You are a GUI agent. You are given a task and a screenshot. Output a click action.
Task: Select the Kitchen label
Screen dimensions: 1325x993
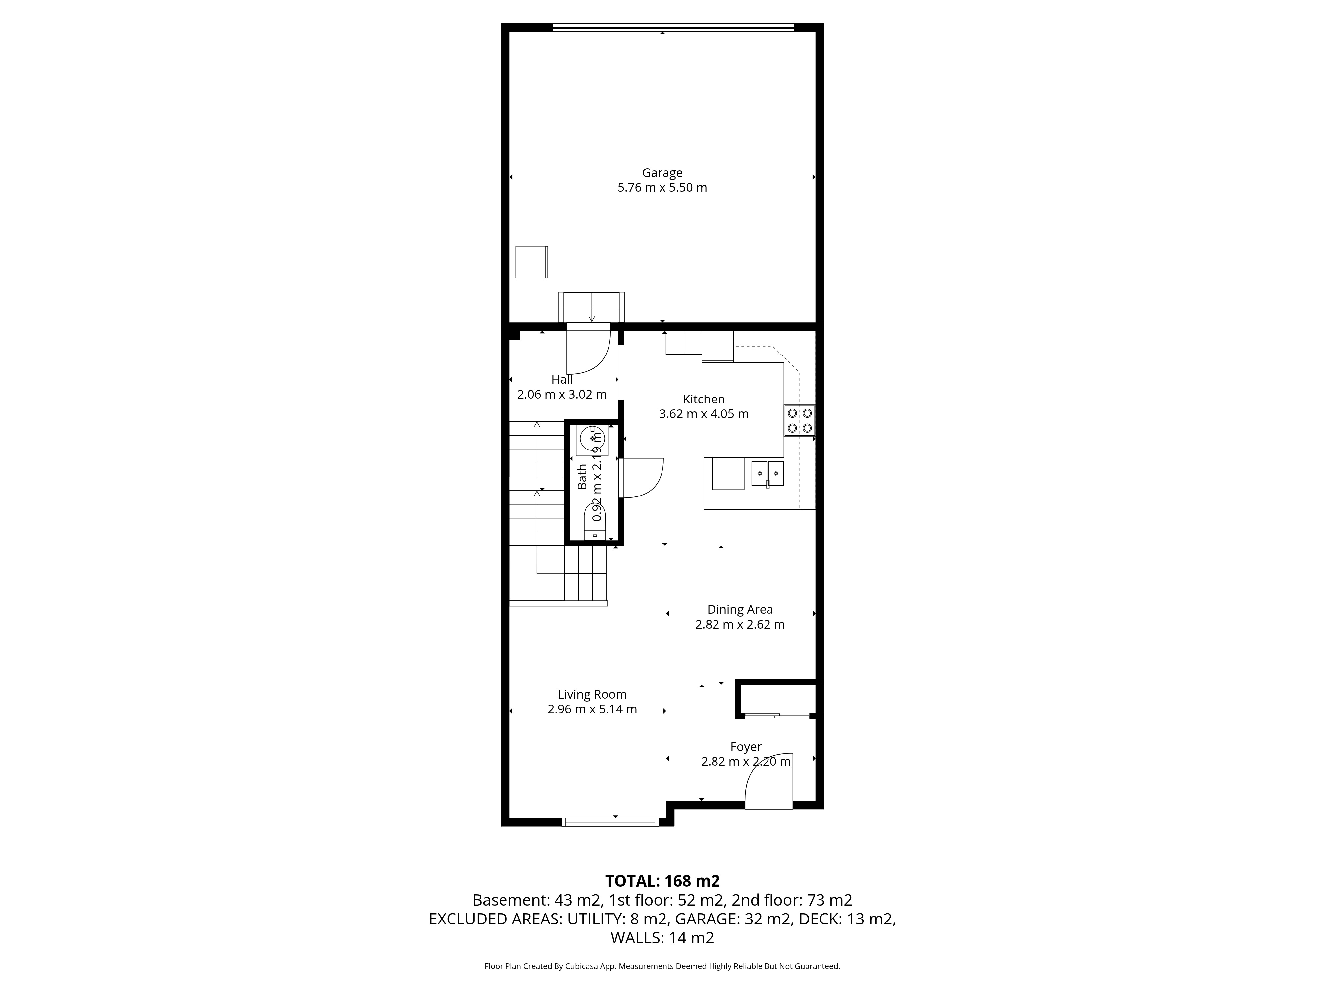[704, 399]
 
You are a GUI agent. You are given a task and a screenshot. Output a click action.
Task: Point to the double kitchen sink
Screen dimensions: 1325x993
[767, 473]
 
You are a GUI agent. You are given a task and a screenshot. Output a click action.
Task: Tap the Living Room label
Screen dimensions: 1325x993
[592, 695]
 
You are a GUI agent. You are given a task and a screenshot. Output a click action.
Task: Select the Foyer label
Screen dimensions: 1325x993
[746, 747]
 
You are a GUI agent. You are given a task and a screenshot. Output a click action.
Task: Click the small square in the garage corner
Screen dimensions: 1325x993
[531, 262]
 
